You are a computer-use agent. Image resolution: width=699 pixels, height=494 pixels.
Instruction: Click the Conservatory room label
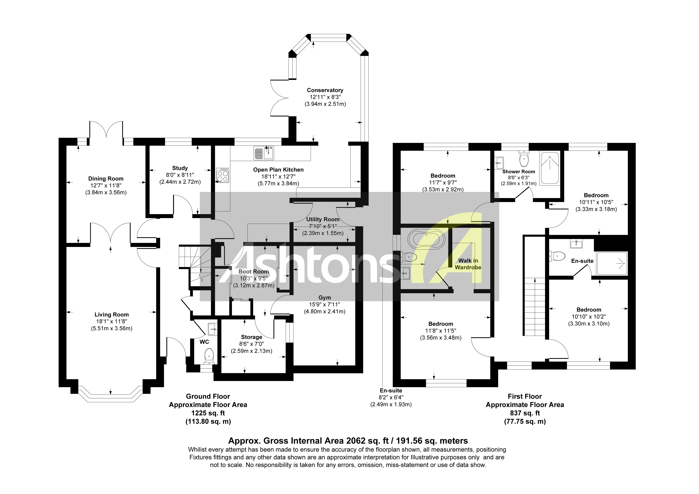click(325, 90)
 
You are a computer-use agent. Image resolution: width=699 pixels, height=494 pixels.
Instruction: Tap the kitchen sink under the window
click(264, 153)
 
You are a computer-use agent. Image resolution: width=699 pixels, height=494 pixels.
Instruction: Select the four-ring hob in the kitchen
click(223, 175)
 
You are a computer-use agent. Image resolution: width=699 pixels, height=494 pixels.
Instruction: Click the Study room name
click(180, 168)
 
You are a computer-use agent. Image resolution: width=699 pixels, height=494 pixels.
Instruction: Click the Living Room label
click(111, 315)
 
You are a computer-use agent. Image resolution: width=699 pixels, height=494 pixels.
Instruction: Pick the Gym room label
click(325, 298)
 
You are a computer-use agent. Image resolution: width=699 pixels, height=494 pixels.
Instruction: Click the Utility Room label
click(323, 219)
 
